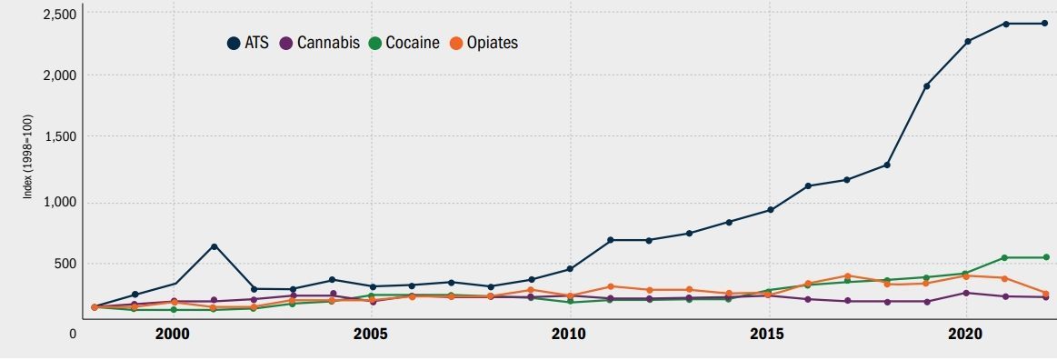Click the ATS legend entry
pos(248,43)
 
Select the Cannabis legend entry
pos(320,43)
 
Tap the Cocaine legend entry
pos(404,43)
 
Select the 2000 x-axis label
pos(173,334)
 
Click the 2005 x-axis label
pos(371,334)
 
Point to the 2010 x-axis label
pos(569,334)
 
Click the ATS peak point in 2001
pos(214,246)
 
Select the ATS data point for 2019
pos(926,86)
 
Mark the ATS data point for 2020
pos(967,41)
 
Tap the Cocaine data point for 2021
pos(1005,257)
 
